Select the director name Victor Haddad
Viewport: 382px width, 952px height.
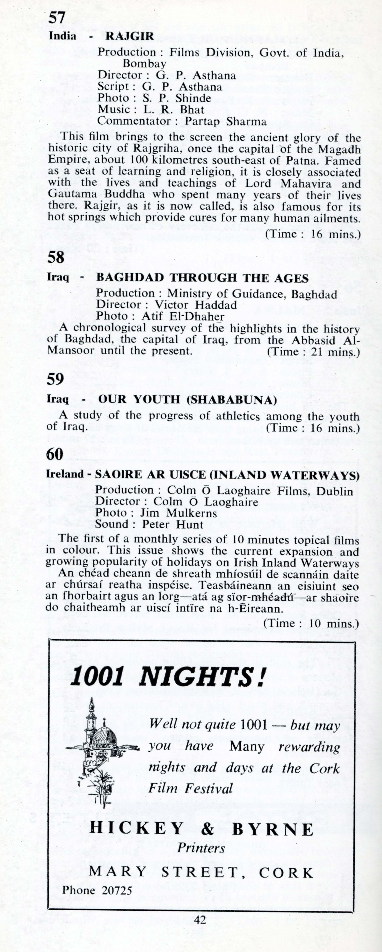coord(195,305)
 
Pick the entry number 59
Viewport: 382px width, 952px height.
coord(55,379)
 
